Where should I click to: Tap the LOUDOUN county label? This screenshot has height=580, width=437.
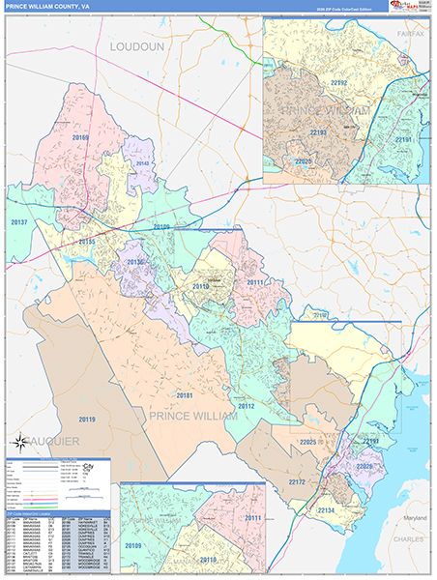(x=138, y=45)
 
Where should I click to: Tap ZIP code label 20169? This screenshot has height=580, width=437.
(x=79, y=138)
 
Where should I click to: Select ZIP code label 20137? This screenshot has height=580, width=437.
(x=20, y=222)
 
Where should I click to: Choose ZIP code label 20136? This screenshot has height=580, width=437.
(x=134, y=262)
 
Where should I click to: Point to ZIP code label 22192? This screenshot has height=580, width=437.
(x=339, y=84)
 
